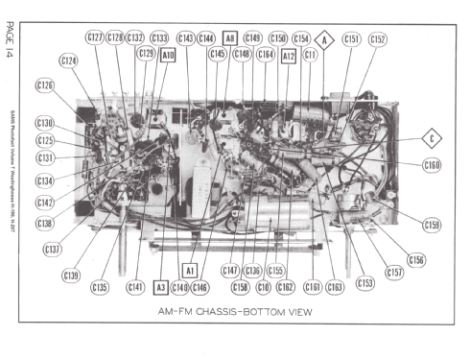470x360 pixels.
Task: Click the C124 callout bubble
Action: (69, 60)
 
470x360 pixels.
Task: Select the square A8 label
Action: (229, 38)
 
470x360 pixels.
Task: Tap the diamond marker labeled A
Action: (324, 39)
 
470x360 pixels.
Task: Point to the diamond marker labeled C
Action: (433, 138)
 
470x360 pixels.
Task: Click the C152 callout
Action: (377, 39)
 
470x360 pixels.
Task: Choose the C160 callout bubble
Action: (433, 165)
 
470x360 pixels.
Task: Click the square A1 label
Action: (190, 271)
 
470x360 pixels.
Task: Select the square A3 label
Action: (160, 287)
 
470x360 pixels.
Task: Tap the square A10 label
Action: (168, 56)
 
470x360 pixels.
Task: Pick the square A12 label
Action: (289, 56)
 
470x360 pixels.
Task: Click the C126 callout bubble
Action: (45, 85)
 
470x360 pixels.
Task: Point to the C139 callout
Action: (72, 276)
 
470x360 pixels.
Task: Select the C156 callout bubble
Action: (415, 260)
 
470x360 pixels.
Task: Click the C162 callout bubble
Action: (285, 287)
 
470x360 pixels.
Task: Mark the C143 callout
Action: (186, 38)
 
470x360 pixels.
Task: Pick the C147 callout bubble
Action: (230, 271)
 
